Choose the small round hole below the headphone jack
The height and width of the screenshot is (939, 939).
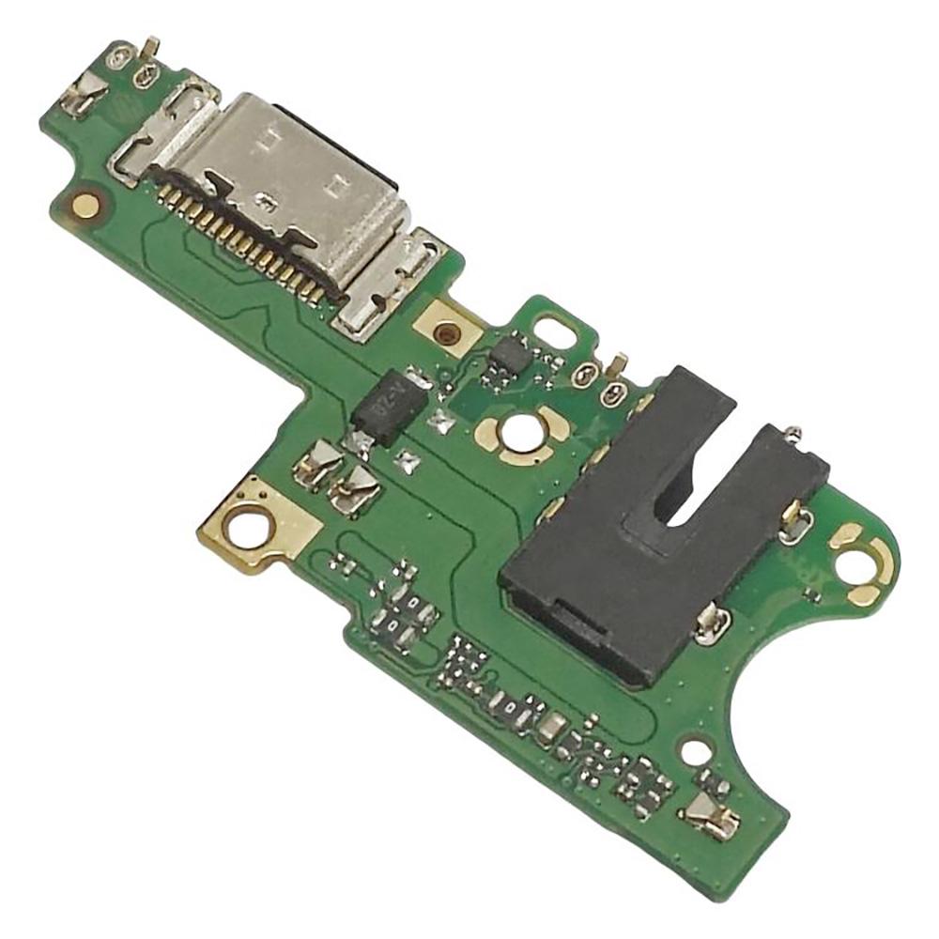pyautogui.click(x=695, y=752)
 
